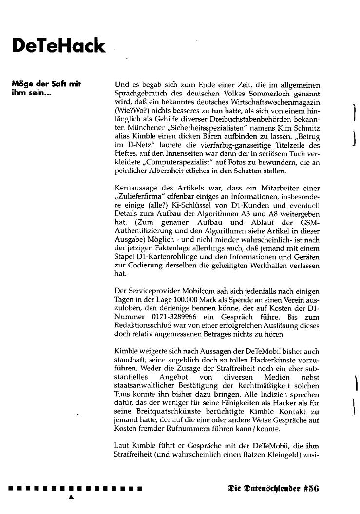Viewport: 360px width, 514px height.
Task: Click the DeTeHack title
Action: (x=58, y=46)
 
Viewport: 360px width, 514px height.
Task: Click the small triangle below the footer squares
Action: (x=71, y=497)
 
